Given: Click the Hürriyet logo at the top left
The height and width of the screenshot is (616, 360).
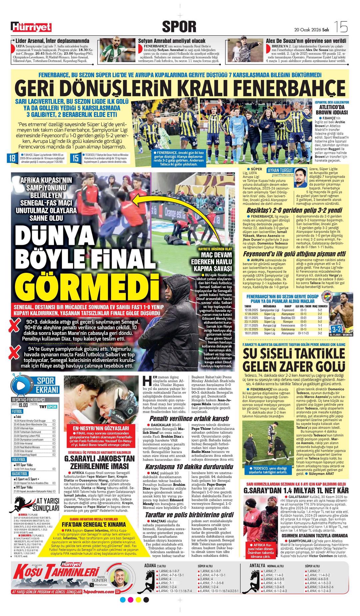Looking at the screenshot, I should point(31,27).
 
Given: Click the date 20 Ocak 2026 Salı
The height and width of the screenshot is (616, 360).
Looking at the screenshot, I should point(311,30).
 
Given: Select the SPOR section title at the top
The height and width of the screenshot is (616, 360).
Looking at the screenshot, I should point(179,27).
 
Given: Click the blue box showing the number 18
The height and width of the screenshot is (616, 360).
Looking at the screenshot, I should point(12,158).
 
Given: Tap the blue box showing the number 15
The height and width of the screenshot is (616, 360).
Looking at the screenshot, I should point(76,158).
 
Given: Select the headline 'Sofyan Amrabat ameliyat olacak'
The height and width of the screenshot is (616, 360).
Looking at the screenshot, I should point(172,41).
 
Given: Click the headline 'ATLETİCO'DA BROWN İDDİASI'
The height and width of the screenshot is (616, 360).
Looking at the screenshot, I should point(332,110).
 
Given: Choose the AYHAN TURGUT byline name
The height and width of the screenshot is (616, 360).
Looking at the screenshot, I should point(280,170).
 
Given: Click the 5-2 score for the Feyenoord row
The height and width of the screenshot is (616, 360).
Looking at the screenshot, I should point(319,310).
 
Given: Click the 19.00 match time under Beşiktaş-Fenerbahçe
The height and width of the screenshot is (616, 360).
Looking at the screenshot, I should point(23,405).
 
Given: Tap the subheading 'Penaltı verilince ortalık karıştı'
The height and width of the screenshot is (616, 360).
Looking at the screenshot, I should point(189,418).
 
